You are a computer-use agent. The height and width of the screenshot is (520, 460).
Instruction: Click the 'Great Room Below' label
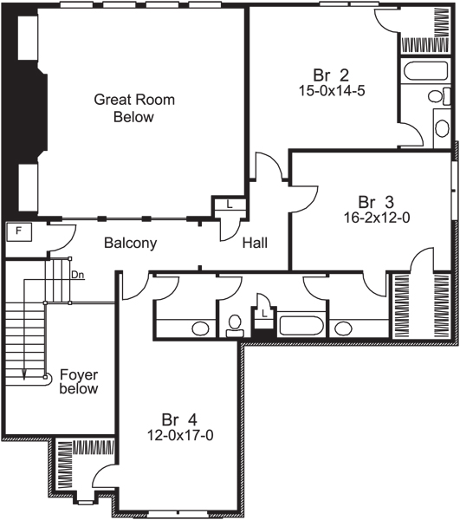point(133,108)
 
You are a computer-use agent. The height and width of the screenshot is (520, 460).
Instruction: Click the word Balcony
point(130,244)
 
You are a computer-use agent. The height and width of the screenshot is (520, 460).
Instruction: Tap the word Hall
point(255,244)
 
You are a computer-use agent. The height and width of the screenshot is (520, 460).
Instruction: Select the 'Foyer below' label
point(79,382)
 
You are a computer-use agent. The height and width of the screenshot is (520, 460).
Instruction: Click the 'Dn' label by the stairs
point(78,275)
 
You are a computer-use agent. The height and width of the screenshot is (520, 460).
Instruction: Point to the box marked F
point(17,231)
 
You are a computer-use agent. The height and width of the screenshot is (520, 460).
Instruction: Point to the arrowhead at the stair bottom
point(24,374)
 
